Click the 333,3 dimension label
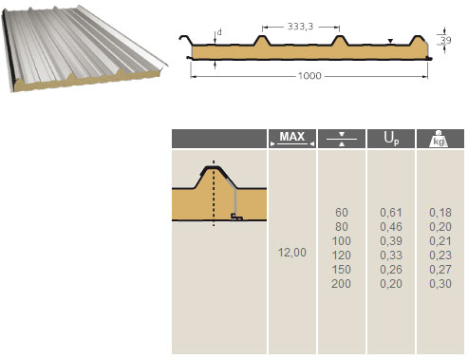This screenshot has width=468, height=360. click(x=300, y=27)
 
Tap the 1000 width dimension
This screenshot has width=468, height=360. click(x=309, y=76)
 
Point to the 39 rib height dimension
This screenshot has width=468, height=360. click(x=445, y=40)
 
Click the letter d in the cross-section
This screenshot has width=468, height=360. click(x=219, y=32)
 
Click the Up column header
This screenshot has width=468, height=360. click(x=391, y=139)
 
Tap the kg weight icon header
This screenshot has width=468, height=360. click(x=439, y=139)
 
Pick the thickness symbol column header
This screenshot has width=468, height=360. click(x=342, y=139)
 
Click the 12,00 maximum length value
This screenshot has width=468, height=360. click(x=292, y=253)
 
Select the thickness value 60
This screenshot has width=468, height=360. click(x=342, y=213)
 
